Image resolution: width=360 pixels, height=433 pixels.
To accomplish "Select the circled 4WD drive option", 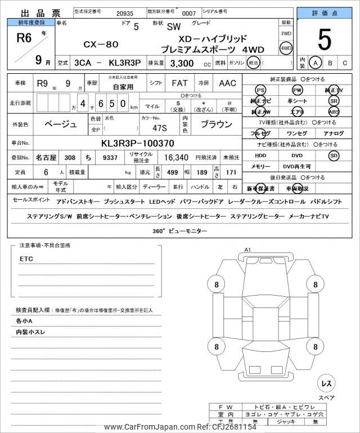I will click(x=286, y=48).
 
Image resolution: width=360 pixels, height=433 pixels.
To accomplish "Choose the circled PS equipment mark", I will click(x=260, y=90).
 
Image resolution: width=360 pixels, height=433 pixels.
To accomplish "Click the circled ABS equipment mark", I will click(x=334, y=111).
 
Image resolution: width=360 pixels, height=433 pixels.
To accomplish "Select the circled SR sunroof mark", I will click(x=334, y=101).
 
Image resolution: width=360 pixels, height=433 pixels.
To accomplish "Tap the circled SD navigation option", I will click(x=334, y=155).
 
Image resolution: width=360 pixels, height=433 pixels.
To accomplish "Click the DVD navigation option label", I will click(x=296, y=155).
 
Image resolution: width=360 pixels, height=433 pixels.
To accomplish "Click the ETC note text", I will click(x=26, y=259).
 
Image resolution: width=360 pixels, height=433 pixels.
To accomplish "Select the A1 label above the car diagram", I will click(x=247, y=250).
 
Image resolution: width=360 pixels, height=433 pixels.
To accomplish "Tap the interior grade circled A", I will click(x=316, y=63).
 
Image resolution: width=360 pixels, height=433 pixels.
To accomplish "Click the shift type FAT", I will click(x=179, y=83).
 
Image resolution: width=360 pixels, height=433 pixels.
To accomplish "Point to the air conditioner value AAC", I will click(x=227, y=83).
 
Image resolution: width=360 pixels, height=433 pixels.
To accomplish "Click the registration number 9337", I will click(x=110, y=158).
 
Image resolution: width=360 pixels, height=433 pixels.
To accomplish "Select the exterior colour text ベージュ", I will click(x=60, y=124).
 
